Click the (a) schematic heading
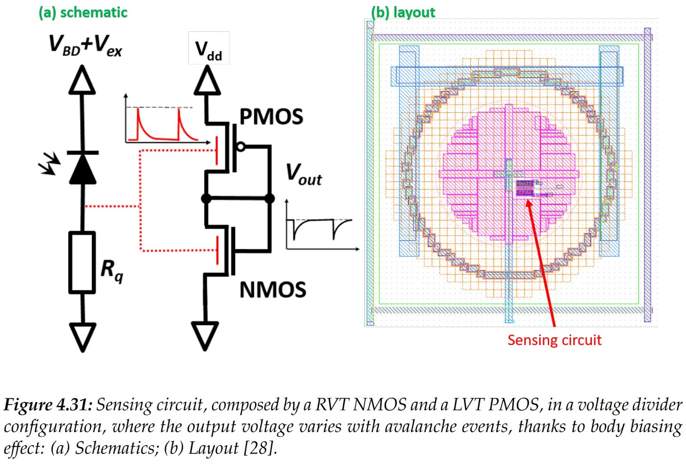(83, 12)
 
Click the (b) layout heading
(403, 12)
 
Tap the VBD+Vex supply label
(85, 45)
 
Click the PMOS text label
(271, 117)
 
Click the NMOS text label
(273, 290)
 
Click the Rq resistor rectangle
(82, 263)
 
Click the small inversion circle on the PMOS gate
(241, 147)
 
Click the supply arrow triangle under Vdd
(207, 82)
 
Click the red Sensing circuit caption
(554, 340)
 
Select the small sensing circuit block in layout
(525, 188)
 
